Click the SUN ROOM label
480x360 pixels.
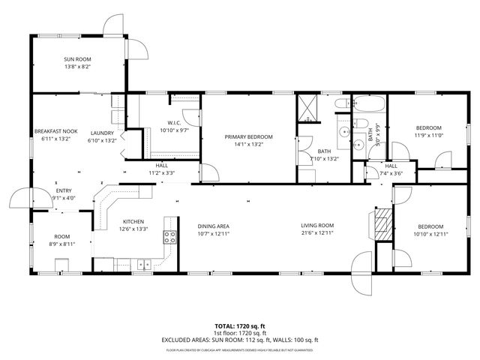[76, 58]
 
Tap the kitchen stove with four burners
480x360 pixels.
[170, 238]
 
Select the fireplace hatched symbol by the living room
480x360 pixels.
[382, 223]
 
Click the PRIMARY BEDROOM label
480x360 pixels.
[248, 136]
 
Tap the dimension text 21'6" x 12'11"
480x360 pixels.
[317, 233]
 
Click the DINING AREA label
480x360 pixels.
[213, 226]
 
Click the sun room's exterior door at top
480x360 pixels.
[112, 26]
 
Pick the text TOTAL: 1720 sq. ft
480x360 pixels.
[240, 327]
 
